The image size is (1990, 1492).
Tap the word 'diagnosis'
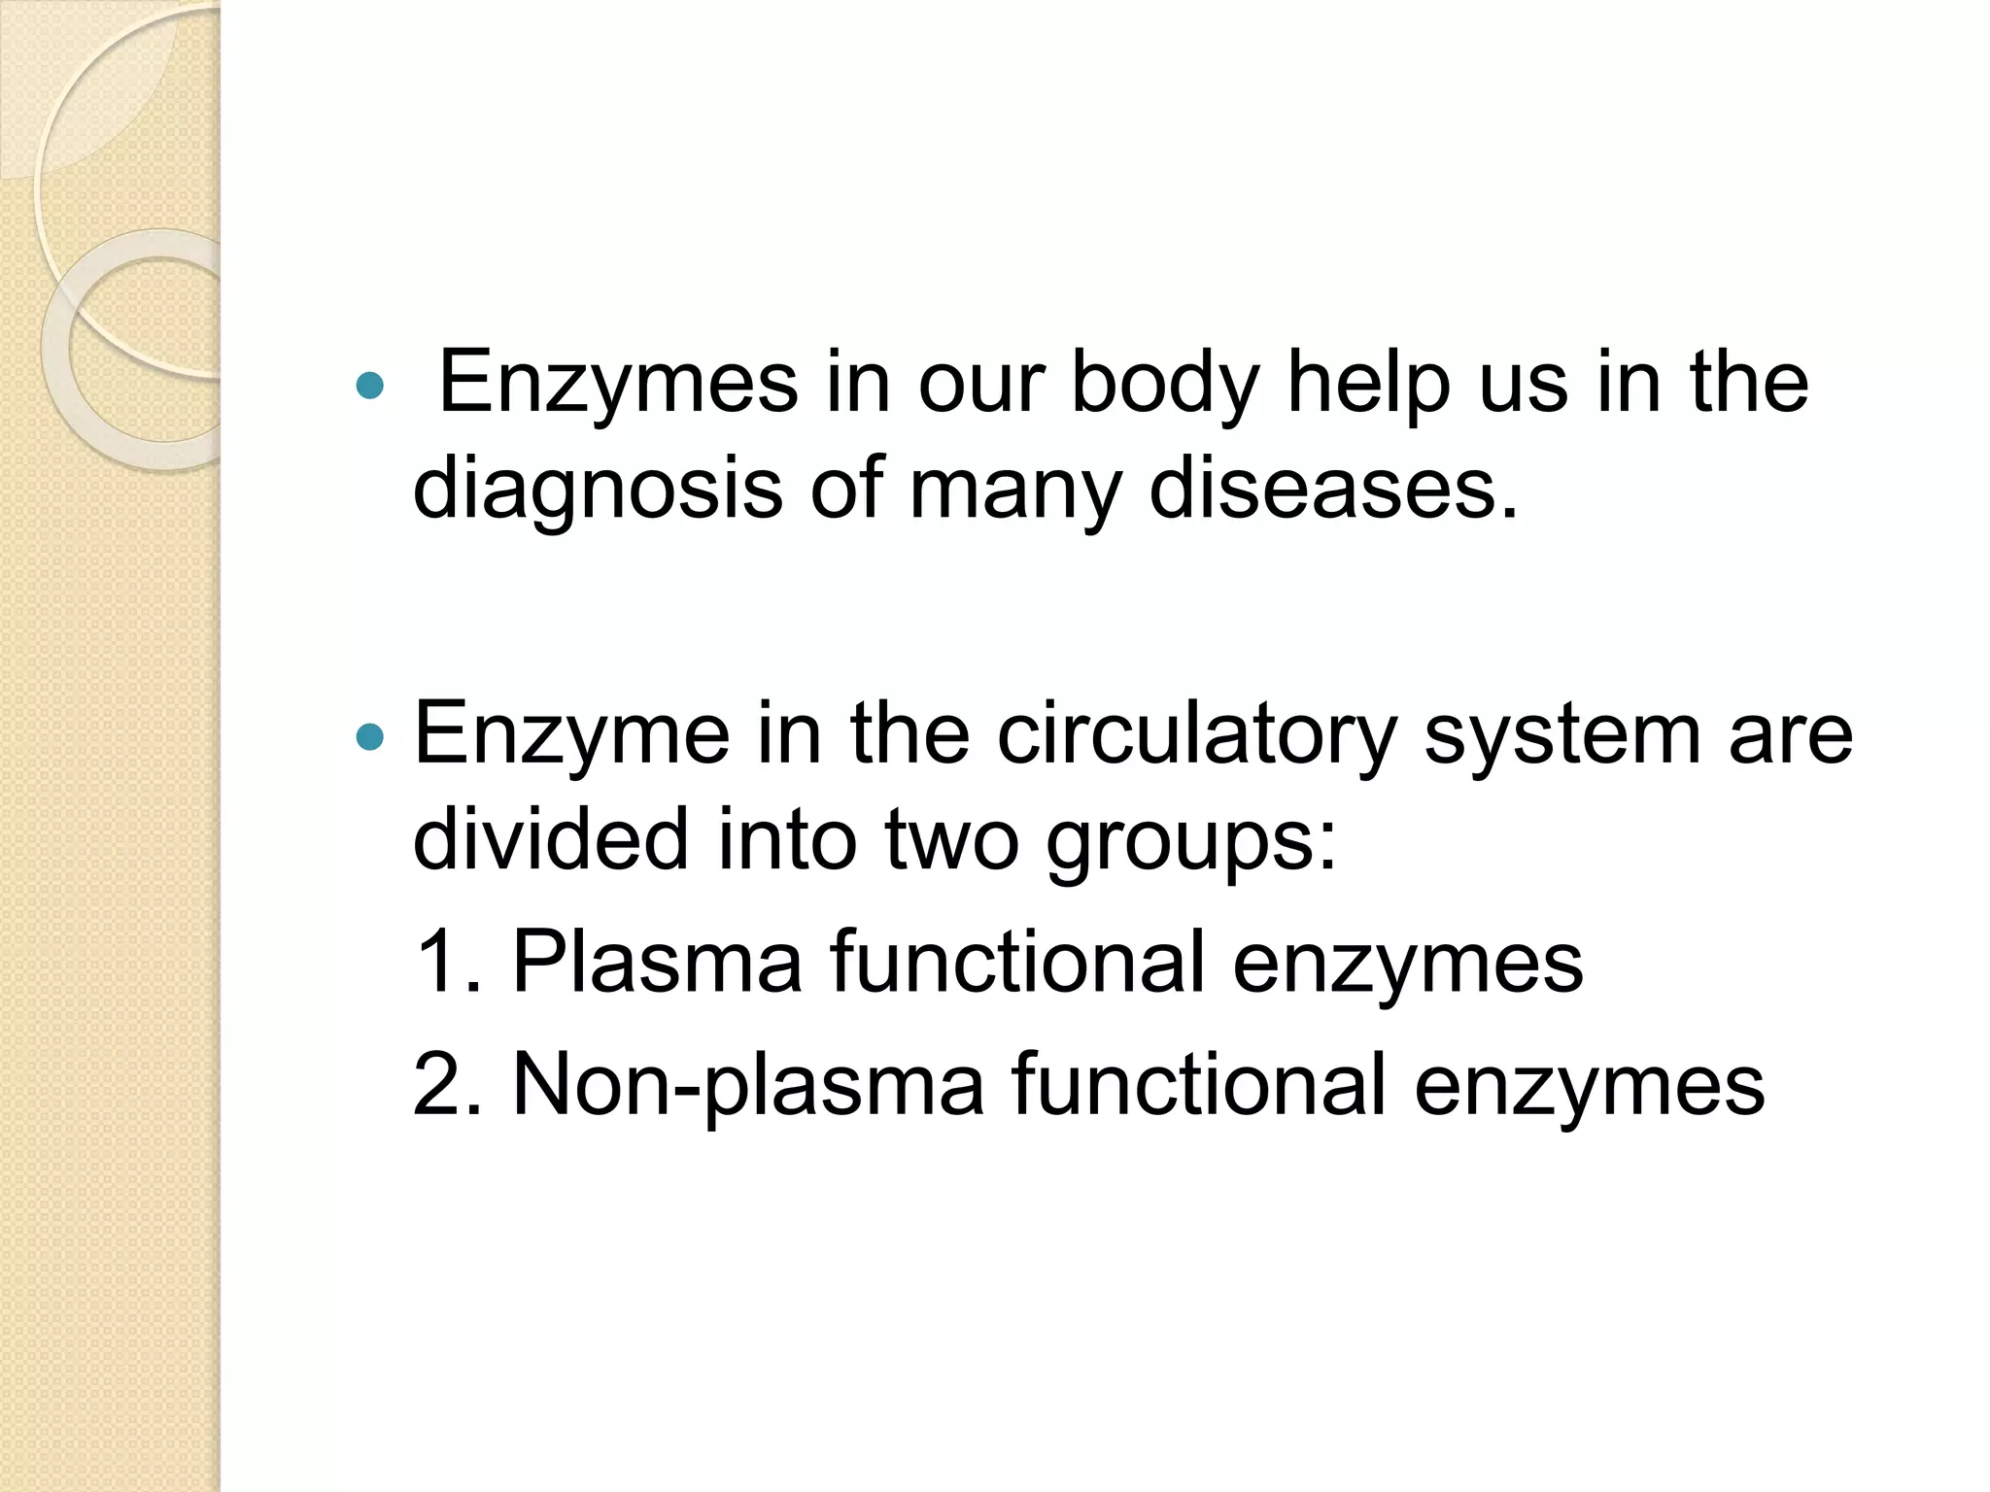click(x=598, y=489)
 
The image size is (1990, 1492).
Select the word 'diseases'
click(x=1332, y=489)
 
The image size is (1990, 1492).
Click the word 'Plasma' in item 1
click(x=657, y=961)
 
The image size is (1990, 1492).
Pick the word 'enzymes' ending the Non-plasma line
click(x=1589, y=1084)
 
